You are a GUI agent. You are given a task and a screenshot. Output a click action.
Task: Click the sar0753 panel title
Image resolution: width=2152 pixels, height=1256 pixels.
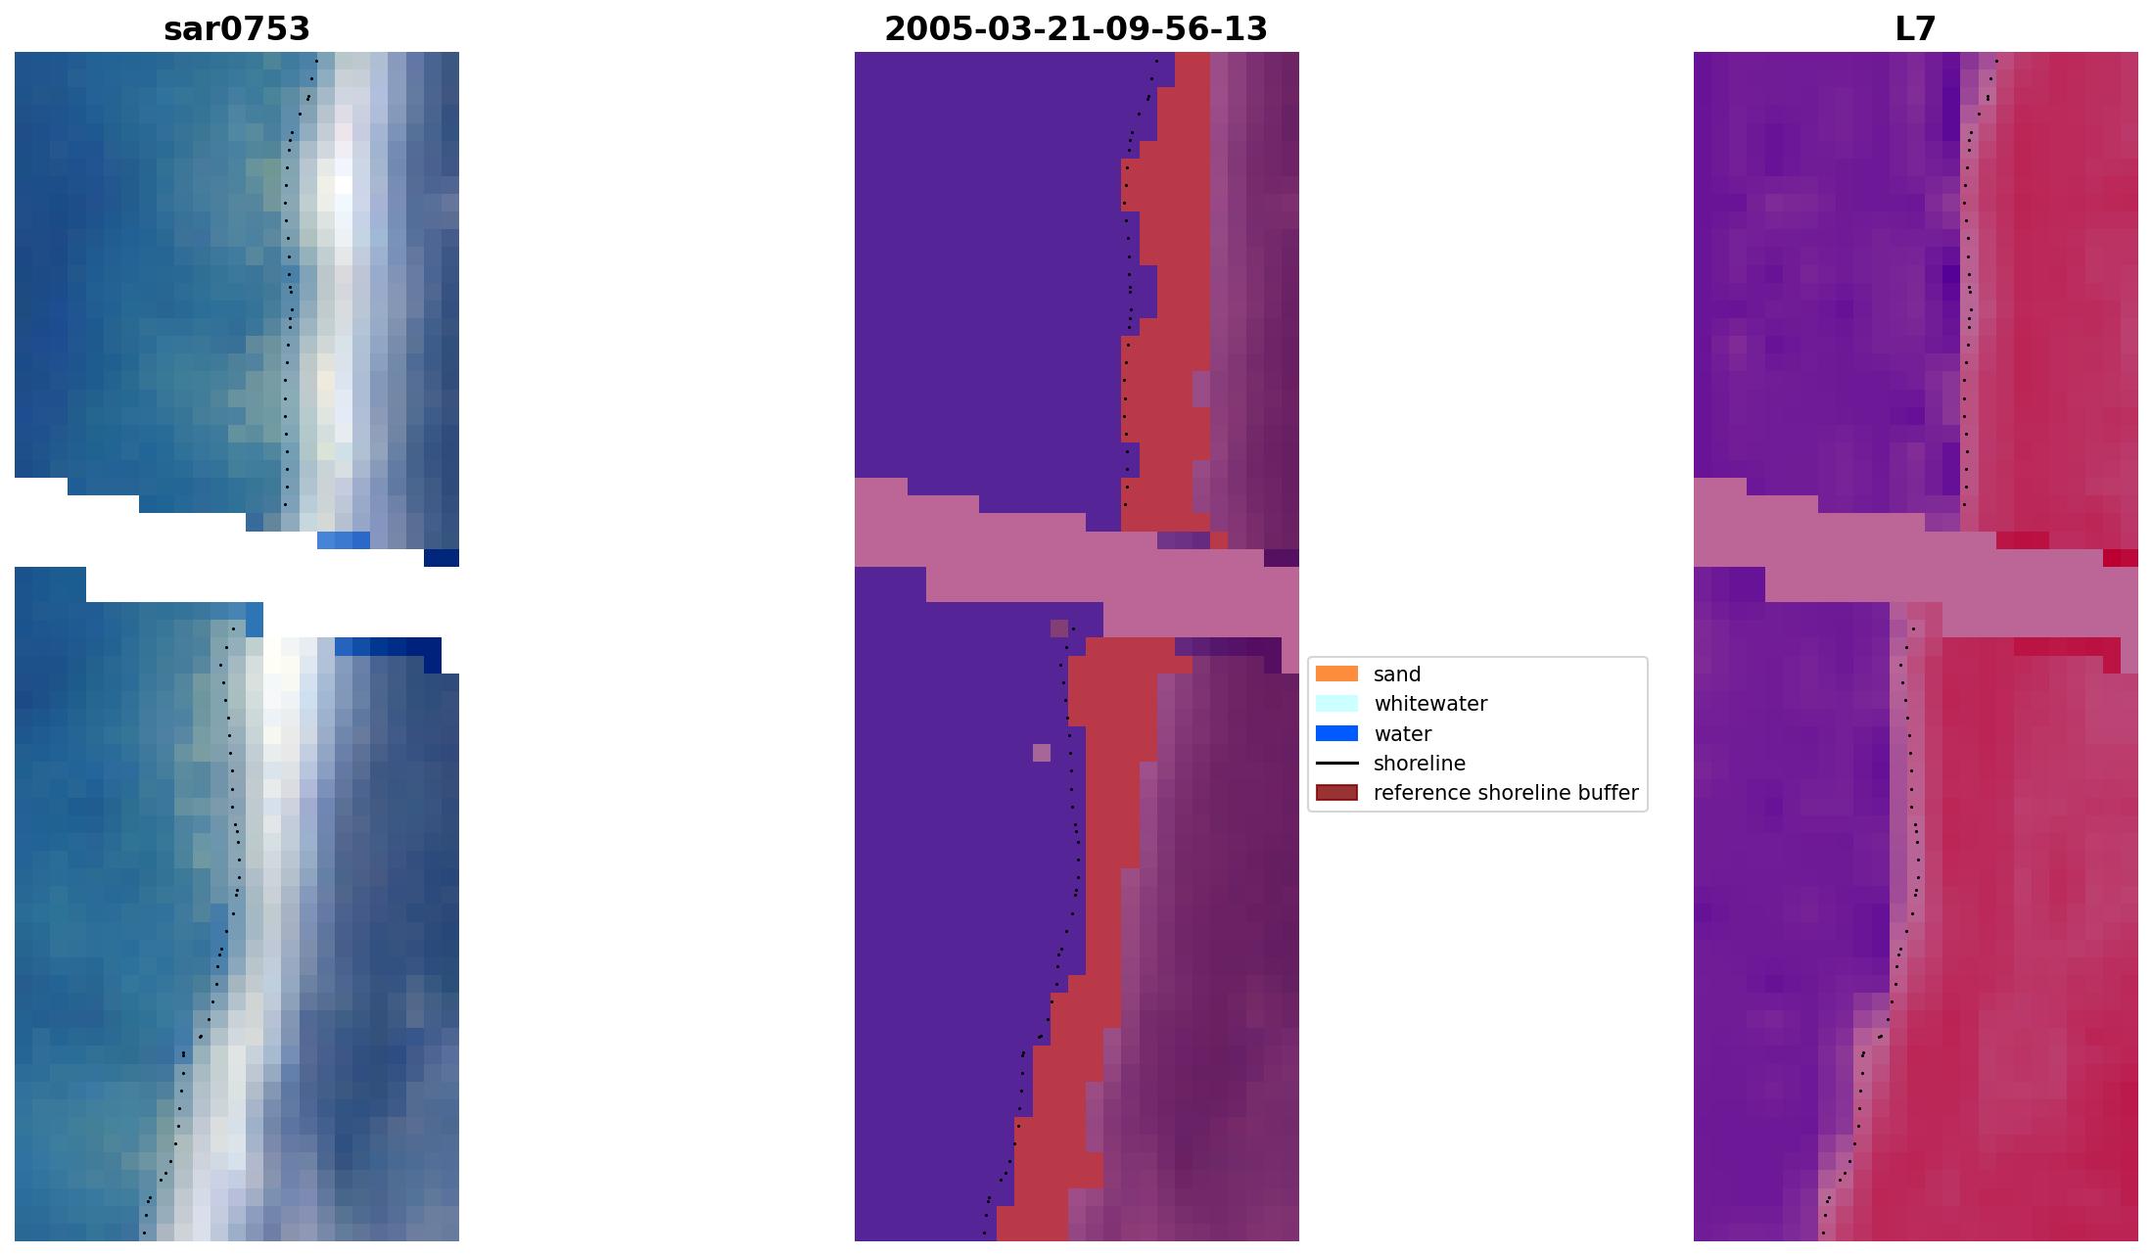click(237, 29)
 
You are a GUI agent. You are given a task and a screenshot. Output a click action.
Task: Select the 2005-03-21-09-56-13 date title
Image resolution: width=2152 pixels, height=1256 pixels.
click(1075, 29)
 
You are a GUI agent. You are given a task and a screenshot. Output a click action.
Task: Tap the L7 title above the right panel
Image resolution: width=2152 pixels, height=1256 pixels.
click(1915, 29)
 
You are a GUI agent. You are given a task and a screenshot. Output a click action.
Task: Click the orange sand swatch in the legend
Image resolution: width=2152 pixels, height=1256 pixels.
click(1336, 674)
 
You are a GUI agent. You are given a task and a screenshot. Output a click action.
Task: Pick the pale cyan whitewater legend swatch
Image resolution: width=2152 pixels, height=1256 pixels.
click(1336, 704)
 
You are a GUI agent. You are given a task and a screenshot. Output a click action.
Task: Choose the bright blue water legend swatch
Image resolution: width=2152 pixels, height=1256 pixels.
click(1336, 733)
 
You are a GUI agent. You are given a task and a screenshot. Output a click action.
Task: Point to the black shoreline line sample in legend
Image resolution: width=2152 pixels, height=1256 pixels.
click(1336, 764)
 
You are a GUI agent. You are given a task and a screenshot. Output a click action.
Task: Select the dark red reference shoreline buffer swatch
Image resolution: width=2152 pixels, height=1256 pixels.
click(1336, 793)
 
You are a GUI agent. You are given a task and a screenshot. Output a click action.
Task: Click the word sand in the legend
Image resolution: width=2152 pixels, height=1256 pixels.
click(1397, 675)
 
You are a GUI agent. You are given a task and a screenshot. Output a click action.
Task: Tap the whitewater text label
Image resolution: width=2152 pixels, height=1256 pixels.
click(1430, 704)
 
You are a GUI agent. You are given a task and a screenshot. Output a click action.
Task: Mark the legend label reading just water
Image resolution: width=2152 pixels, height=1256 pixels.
click(1402, 734)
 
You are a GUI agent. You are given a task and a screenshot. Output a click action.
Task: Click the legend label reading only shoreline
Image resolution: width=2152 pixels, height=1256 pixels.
click(1420, 764)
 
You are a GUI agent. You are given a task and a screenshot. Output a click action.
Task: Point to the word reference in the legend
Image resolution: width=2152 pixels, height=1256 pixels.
click(1416, 793)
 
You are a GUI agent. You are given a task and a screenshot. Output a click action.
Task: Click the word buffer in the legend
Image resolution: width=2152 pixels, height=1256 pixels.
click(1612, 793)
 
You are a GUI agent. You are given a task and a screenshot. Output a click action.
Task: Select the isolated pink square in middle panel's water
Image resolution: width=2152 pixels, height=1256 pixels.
click(1042, 753)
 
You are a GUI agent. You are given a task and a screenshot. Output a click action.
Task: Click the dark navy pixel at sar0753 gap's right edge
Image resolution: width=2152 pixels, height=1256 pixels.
click(441, 558)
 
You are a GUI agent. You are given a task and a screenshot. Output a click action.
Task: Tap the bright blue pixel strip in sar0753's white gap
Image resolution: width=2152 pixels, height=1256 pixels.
click(344, 540)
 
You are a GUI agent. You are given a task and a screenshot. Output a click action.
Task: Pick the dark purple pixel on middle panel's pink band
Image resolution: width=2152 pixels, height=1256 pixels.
click(1281, 558)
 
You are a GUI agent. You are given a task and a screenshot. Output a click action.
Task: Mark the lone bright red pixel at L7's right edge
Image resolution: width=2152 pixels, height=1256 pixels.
click(2120, 558)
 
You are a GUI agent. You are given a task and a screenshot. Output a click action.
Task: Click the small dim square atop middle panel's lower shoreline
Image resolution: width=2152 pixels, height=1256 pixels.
click(1059, 628)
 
